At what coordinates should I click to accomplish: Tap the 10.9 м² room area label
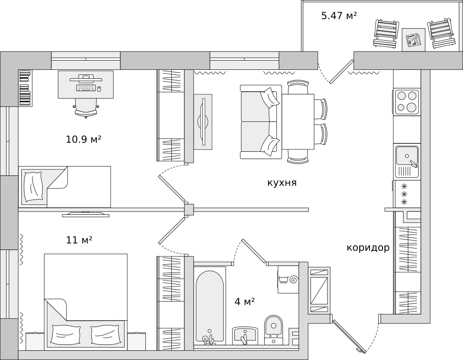tap(84, 139)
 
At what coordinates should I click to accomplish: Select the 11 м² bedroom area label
tap(80, 240)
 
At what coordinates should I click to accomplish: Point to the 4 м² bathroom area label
tap(245, 302)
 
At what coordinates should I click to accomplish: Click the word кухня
tap(282, 183)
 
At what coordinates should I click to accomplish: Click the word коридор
tap(368, 248)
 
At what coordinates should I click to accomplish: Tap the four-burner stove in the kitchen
tap(407, 102)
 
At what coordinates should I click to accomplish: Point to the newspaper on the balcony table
tap(413, 40)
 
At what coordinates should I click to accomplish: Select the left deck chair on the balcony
tap(386, 33)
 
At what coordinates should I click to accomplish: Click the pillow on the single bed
tap(33, 186)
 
